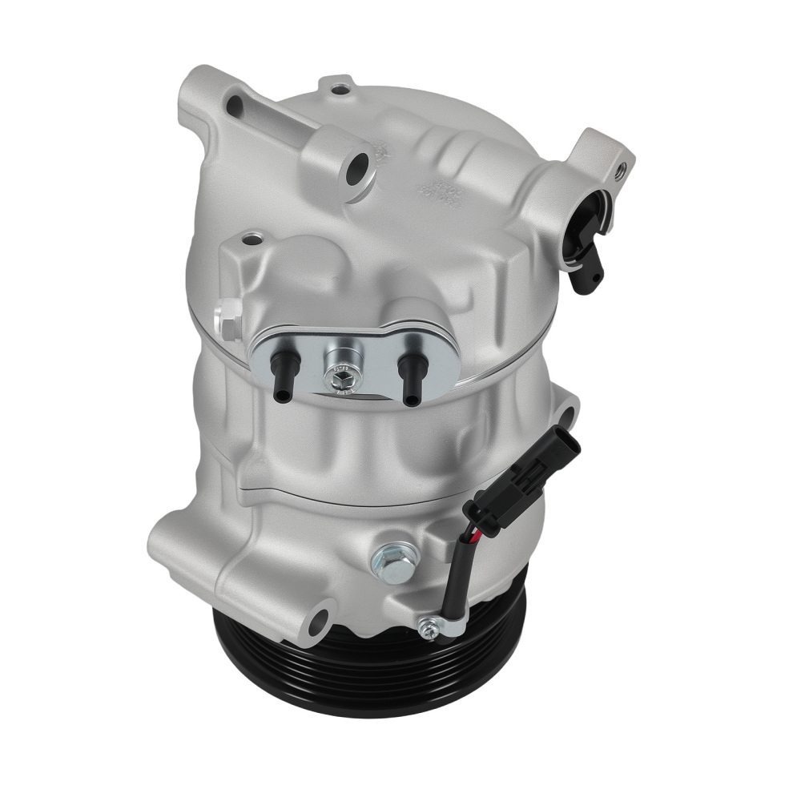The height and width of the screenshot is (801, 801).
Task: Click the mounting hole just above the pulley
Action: [319, 618]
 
